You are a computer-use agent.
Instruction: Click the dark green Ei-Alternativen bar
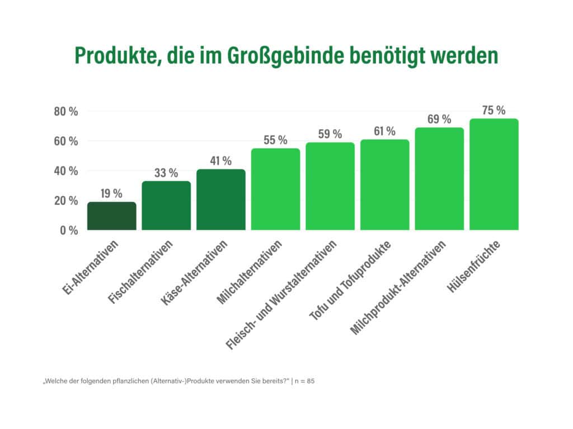(111, 216)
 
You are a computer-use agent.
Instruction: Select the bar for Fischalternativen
(166, 206)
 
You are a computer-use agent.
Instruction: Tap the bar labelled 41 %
(221, 199)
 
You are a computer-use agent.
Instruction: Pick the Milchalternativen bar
(275, 189)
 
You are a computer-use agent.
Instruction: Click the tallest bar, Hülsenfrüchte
(494, 174)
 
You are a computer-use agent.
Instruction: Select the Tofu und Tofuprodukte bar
(384, 184)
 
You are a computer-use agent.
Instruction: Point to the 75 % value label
(494, 111)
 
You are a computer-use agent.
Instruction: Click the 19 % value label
(111, 194)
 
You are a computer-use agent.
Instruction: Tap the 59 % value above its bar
(330, 134)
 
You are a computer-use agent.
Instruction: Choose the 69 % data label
(439, 119)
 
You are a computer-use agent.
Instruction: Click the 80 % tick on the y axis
(65, 111)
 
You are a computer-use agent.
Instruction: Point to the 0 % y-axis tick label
(68, 230)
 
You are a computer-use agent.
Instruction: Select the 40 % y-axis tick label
(65, 170)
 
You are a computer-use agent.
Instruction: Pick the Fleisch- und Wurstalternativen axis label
(283, 296)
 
